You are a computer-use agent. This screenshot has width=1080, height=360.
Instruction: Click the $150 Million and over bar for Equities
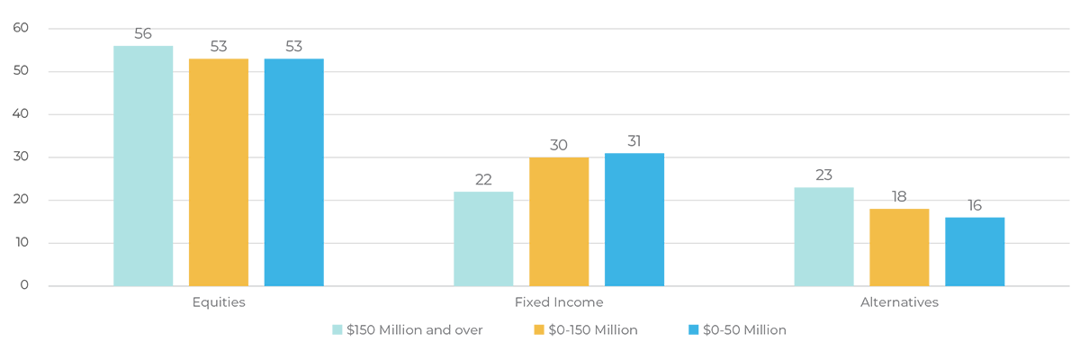(143, 166)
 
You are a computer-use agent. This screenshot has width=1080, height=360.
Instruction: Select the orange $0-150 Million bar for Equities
(219, 173)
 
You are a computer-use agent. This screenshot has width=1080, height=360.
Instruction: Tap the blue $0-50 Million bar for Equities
(293, 173)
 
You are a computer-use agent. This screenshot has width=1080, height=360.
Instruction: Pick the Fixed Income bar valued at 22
(483, 238)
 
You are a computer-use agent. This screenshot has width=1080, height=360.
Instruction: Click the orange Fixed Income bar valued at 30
(559, 222)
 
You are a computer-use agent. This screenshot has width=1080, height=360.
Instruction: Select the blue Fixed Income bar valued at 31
(634, 220)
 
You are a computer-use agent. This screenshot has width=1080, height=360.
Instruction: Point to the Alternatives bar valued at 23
(823, 237)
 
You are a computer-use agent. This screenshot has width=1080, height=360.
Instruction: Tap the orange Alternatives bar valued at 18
(899, 247)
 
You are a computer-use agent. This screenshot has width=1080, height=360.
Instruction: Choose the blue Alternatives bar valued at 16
(974, 252)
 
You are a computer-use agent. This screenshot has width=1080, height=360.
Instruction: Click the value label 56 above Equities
(143, 34)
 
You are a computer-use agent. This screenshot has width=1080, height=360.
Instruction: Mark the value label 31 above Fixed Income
(634, 141)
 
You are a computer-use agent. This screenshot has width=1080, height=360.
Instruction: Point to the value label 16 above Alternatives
(974, 205)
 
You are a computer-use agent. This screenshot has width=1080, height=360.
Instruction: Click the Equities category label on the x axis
(219, 302)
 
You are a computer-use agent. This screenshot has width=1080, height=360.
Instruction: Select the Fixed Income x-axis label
(559, 302)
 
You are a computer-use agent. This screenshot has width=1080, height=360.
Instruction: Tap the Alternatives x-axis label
(899, 302)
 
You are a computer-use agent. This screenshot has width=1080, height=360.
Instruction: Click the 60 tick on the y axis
(21, 29)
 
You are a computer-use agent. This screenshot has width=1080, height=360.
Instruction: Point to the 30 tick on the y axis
(21, 157)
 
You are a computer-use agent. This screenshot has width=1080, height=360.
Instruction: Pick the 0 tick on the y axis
(24, 286)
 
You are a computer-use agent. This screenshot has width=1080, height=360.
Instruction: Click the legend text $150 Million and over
(415, 330)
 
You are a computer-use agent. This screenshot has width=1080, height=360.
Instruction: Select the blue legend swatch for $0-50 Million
(693, 330)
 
